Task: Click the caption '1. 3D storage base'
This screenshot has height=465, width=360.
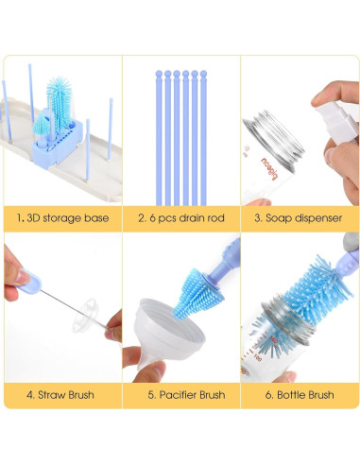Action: [63, 218]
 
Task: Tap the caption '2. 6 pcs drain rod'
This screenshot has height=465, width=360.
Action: [181, 218]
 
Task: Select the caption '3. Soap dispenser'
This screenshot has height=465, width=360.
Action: [298, 218]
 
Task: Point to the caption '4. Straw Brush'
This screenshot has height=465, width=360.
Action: [60, 395]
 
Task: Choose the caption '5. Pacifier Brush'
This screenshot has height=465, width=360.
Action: [186, 395]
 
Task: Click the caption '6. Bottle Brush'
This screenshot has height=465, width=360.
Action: [300, 395]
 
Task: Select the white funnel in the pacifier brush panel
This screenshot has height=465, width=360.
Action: [168, 331]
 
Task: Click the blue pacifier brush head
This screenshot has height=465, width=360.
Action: [197, 293]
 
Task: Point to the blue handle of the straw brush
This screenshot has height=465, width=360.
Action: [29, 282]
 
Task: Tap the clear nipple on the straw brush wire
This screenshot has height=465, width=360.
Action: [86, 315]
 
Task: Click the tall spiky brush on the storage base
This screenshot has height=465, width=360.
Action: [60, 101]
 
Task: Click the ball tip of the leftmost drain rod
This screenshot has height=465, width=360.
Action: [159, 75]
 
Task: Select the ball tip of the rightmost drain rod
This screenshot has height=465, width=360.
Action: [203, 75]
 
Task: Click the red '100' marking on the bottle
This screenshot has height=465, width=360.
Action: [258, 358]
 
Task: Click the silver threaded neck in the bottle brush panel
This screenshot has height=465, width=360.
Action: [288, 319]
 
